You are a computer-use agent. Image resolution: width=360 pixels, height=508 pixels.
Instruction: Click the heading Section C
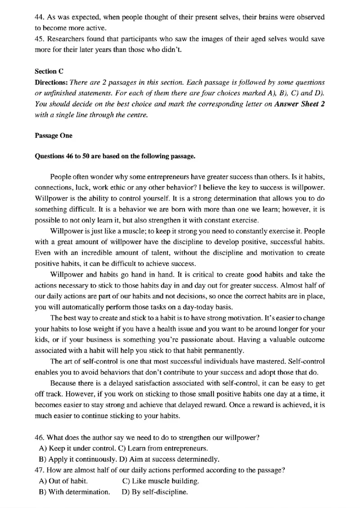point(45,71)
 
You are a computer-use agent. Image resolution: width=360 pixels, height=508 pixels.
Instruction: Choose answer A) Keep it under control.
point(74,448)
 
